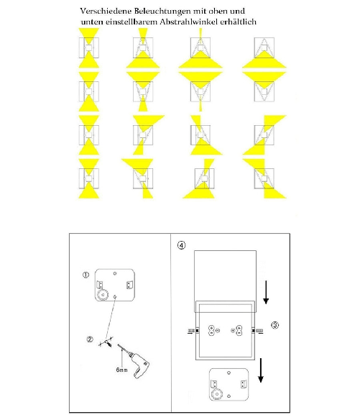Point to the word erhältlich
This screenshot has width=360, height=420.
(x=242, y=22)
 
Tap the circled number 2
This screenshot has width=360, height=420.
(x=89, y=339)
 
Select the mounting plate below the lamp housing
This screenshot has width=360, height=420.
(x=228, y=383)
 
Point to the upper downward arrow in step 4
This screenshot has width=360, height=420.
(x=267, y=291)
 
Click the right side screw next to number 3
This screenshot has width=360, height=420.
(x=258, y=331)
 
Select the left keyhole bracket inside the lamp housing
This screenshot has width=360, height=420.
(x=211, y=331)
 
